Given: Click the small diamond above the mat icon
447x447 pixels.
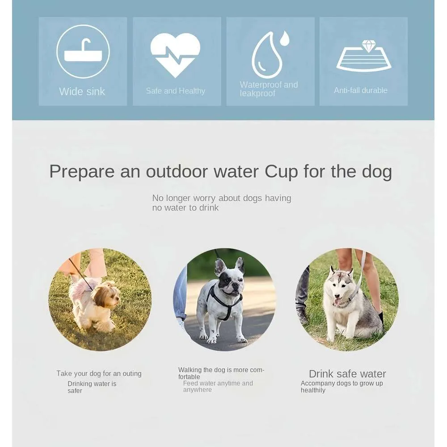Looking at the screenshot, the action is click(367, 46).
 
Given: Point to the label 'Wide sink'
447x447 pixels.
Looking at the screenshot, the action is click(82, 92).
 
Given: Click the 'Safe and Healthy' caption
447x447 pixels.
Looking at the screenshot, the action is click(176, 91).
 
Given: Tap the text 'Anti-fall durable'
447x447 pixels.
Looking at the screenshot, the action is click(361, 90).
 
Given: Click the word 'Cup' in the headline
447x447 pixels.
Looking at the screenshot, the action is click(281, 172).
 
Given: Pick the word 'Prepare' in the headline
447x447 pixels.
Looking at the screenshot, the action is click(82, 172).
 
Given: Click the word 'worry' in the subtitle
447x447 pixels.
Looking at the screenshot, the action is click(204, 198).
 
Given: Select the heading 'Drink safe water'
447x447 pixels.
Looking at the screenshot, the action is click(347, 374).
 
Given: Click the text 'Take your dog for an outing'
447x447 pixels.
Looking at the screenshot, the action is click(99, 373).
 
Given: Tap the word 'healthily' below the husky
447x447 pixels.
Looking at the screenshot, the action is click(313, 390).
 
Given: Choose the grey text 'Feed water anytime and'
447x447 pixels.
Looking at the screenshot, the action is click(218, 383).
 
